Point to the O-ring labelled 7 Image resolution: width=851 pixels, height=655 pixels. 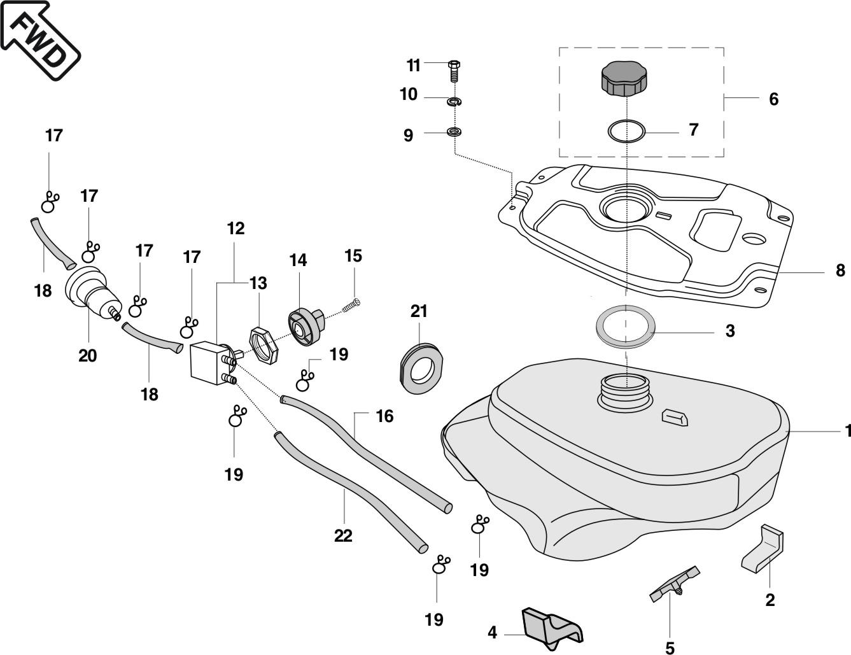pos(626,132)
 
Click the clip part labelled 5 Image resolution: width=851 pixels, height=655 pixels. pos(673,583)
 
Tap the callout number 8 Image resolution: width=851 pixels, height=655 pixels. pos(840,270)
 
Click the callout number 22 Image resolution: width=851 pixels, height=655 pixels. pos(343,536)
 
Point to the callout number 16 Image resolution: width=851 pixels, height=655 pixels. pos(384,416)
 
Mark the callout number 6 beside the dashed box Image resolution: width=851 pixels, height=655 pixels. pos(773,99)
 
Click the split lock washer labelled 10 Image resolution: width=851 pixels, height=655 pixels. pos(454,101)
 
